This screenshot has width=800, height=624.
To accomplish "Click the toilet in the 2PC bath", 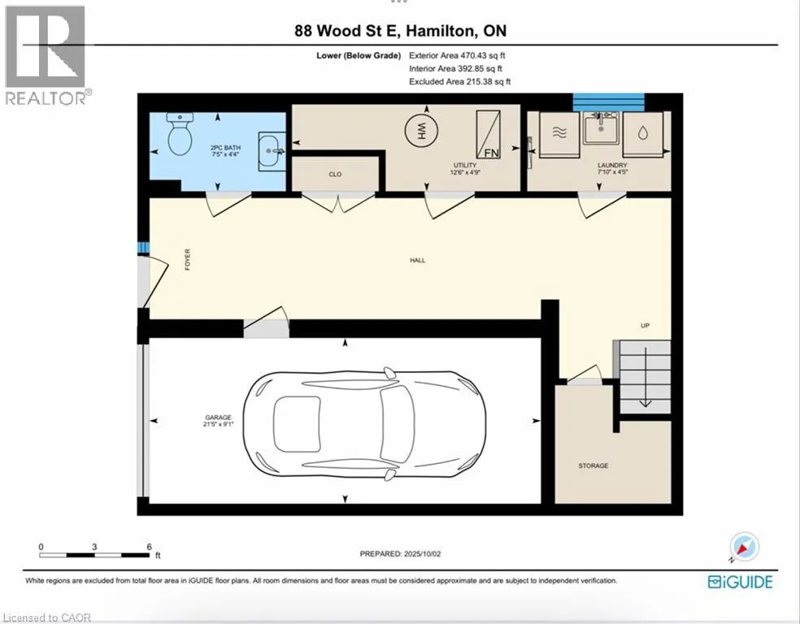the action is click(x=180, y=134).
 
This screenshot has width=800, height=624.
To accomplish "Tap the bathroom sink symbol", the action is click(x=272, y=151).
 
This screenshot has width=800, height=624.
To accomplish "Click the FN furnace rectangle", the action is click(x=489, y=134).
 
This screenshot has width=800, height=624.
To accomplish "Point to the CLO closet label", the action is click(x=335, y=175).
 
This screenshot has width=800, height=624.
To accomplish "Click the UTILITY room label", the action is click(x=465, y=165).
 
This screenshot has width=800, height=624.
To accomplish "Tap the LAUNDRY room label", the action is click(x=612, y=165).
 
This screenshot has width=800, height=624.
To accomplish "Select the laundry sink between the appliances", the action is click(x=601, y=128).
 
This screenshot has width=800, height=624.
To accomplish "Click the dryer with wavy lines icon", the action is click(x=559, y=134).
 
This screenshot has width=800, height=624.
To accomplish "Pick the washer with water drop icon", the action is click(x=643, y=134).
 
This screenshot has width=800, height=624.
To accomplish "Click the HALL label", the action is click(x=417, y=261).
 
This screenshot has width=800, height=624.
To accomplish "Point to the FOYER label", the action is click(x=187, y=259).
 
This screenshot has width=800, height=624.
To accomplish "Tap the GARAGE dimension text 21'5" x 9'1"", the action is click(x=219, y=423).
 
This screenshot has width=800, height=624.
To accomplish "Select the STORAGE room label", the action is click(x=593, y=466).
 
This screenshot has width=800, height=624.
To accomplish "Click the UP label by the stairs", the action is click(x=646, y=325).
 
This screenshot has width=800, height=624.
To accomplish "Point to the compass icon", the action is click(x=744, y=547).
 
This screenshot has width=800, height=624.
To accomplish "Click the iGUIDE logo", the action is click(x=741, y=582).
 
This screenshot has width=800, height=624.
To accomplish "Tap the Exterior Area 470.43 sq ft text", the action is click(x=457, y=55).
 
